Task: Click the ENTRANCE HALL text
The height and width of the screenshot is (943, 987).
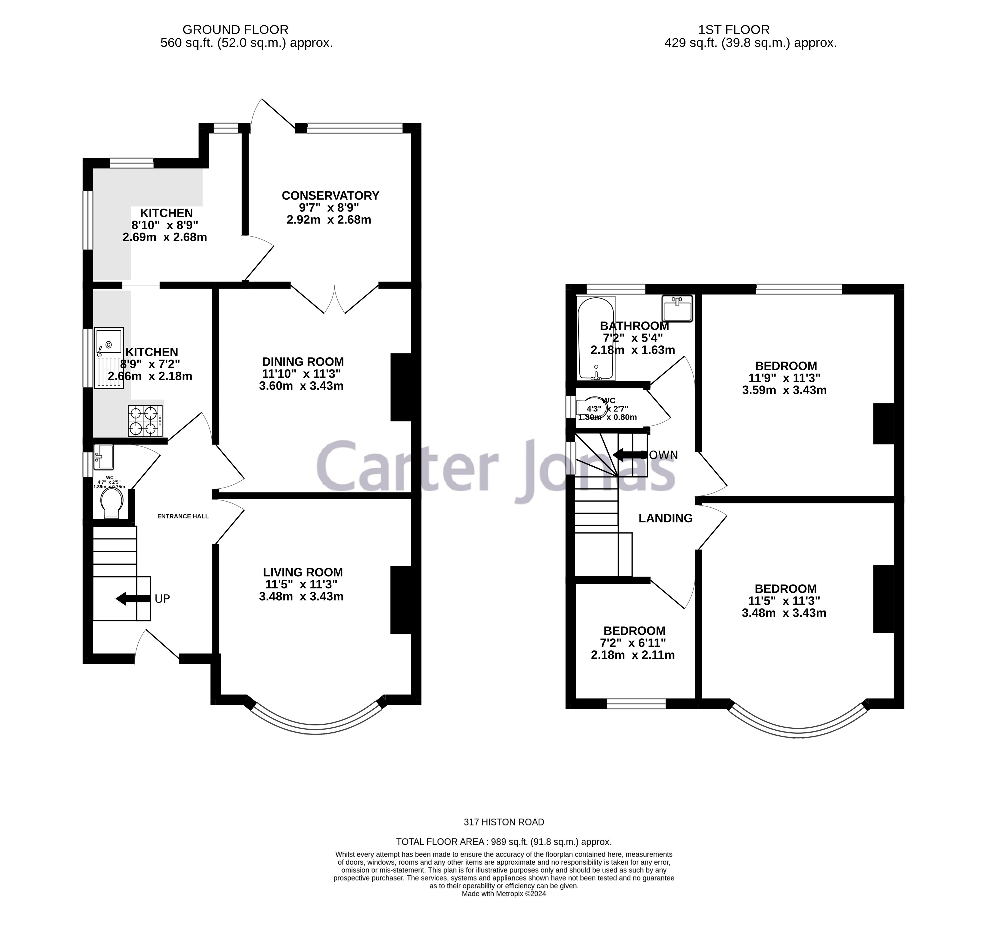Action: coord(183,516)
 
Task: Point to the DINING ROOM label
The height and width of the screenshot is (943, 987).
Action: coord(303,361)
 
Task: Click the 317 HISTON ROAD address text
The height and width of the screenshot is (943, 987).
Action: coord(504,822)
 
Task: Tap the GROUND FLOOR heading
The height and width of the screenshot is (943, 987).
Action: coord(235,30)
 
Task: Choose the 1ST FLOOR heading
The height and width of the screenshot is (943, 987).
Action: coord(734,30)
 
